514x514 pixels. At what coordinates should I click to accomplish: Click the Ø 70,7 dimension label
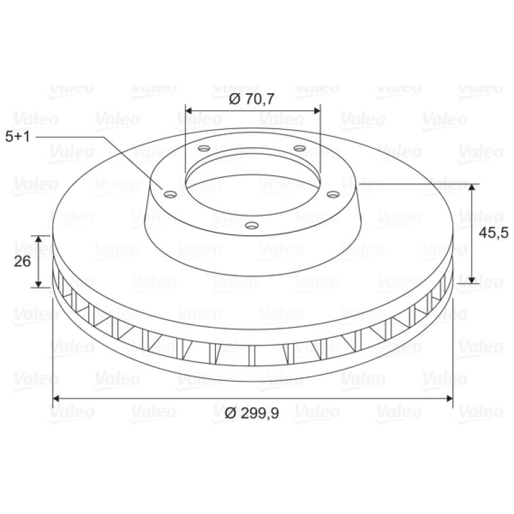tap(251, 99)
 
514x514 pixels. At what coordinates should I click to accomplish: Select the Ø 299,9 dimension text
tap(252, 413)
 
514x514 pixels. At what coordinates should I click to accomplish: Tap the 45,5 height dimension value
tap(493, 233)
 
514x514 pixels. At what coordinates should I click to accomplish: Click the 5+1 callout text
tap(18, 137)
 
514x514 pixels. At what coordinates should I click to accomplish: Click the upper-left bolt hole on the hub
tap(204, 148)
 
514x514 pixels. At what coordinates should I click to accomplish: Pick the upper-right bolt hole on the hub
tap(299, 148)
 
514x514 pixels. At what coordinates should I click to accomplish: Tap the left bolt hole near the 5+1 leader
tap(170, 195)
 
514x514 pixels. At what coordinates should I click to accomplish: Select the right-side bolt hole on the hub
tap(333, 195)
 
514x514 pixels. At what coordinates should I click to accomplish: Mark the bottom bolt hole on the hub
tap(252, 226)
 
